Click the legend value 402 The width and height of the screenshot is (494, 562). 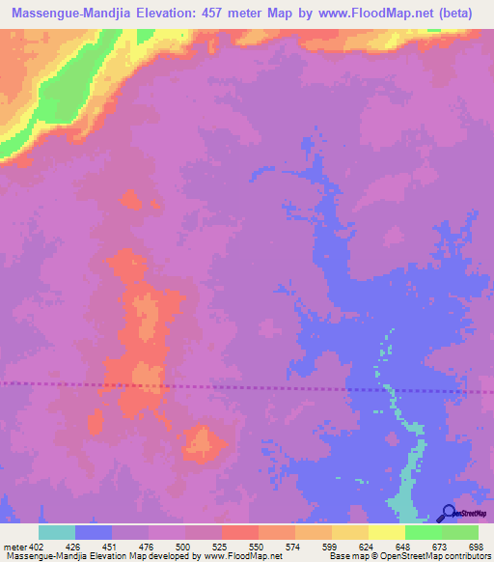(36, 547)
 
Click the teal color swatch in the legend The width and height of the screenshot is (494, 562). (57, 532)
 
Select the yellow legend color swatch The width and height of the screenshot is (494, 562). (386, 532)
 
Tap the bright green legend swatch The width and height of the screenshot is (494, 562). (423, 532)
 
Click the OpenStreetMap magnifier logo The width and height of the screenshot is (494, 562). (448, 513)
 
